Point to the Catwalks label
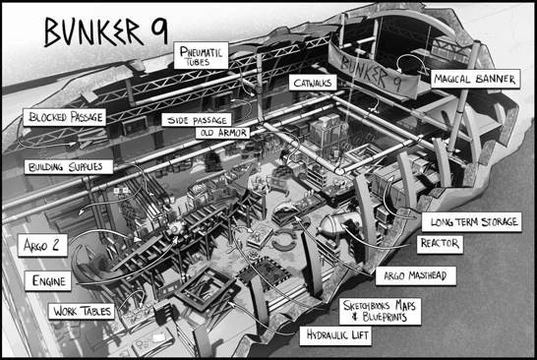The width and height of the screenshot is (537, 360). coord(314,86)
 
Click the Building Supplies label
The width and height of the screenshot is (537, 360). coord(68,166)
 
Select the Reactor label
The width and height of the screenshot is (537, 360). coord(439,241)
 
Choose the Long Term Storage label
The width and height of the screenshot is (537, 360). coord(470,222)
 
